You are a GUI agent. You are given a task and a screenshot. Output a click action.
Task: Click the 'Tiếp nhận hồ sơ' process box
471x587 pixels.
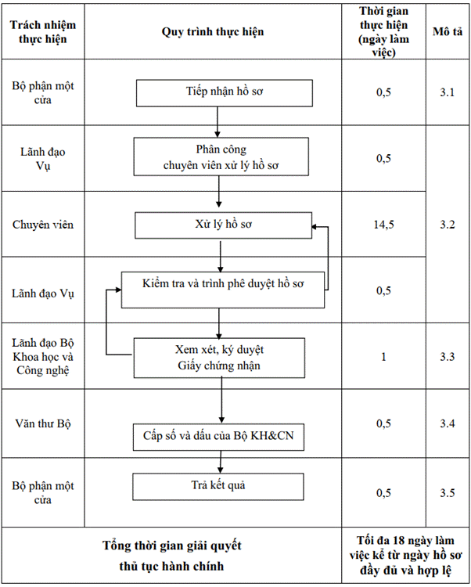[225, 93]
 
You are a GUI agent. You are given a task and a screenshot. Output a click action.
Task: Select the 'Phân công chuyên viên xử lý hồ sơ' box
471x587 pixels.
[221, 157]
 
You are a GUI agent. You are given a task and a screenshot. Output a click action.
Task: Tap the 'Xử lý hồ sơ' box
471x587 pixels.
[223, 225]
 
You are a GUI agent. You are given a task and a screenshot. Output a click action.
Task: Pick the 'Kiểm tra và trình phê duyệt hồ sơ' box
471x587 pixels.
[223, 290]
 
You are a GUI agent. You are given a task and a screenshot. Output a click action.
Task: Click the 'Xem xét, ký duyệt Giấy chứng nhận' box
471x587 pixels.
[219, 358]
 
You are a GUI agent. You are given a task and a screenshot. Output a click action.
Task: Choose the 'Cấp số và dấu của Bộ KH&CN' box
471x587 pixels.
[218, 437]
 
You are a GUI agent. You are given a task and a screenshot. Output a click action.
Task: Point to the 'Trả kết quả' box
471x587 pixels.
[218, 487]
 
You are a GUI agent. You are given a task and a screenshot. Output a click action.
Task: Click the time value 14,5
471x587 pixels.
[384, 225]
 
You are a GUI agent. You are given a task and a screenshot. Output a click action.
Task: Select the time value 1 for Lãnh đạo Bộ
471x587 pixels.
[383, 357]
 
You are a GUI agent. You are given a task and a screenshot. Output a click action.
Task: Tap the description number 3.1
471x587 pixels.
[447, 92]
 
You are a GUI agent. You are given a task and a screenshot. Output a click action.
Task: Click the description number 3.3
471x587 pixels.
[447, 357]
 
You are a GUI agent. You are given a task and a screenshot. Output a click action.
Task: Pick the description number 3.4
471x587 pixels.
[447, 423]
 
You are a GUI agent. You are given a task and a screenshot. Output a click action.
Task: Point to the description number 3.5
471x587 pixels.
[447, 492]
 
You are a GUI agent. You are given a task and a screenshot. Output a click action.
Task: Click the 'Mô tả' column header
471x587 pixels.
[448, 31]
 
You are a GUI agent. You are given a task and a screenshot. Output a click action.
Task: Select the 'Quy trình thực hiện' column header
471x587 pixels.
[213, 32]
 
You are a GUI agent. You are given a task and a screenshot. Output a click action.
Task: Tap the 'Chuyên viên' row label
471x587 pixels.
[43, 225]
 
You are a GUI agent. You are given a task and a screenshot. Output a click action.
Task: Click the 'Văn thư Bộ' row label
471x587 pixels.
[43, 423]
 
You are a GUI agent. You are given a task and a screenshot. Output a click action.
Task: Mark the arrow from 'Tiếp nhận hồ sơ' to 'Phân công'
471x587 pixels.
[218, 122]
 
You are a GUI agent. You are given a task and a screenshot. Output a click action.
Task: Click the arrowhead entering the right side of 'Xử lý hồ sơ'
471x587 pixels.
[315, 226]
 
